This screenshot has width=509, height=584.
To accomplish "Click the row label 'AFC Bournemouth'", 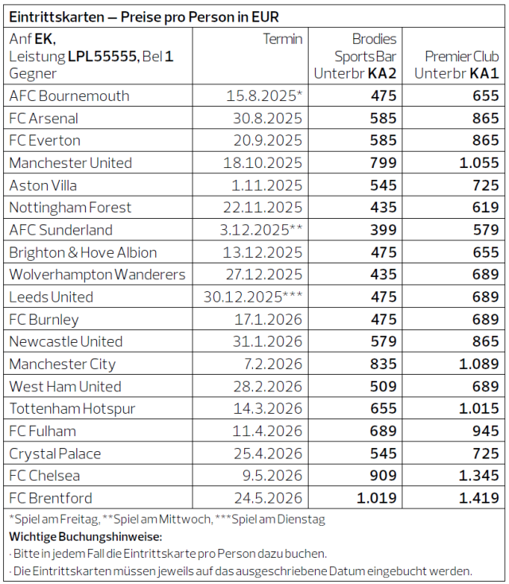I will tap(69, 96).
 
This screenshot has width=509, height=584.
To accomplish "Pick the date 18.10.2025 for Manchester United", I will tap(263, 163).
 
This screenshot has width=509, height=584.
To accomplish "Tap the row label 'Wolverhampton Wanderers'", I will tap(97, 274).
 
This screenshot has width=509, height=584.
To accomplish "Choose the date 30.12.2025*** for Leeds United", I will tap(253, 297).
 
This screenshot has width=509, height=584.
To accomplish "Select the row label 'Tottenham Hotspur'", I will tap(72, 409).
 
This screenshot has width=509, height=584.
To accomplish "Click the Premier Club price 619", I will tap(483, 208).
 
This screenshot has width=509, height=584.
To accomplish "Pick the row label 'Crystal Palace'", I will tap(55, 454).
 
